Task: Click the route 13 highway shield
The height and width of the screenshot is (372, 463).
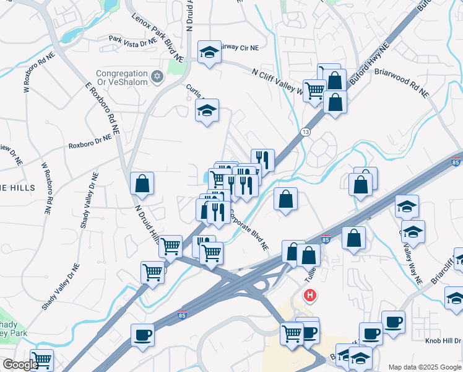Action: click(x=305, y=132)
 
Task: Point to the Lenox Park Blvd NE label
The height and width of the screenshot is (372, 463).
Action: click(x=157, y=37)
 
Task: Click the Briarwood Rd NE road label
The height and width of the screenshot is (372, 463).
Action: click(x=401, y=82)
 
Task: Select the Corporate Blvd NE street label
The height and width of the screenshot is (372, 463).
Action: click(x=249, y=230)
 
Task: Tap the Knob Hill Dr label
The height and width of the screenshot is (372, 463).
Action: click(x=443, y=340)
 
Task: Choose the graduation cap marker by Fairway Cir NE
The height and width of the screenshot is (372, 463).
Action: click(x=210, y=53)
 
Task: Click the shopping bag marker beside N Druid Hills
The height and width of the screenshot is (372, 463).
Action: click(x=142, y=184)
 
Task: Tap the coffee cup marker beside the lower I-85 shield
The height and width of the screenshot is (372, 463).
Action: click(x=142, y=335)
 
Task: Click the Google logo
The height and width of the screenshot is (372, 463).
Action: click(x=20, y=365)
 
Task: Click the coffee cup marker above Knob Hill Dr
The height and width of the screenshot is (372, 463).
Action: click(x=393, y=322)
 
